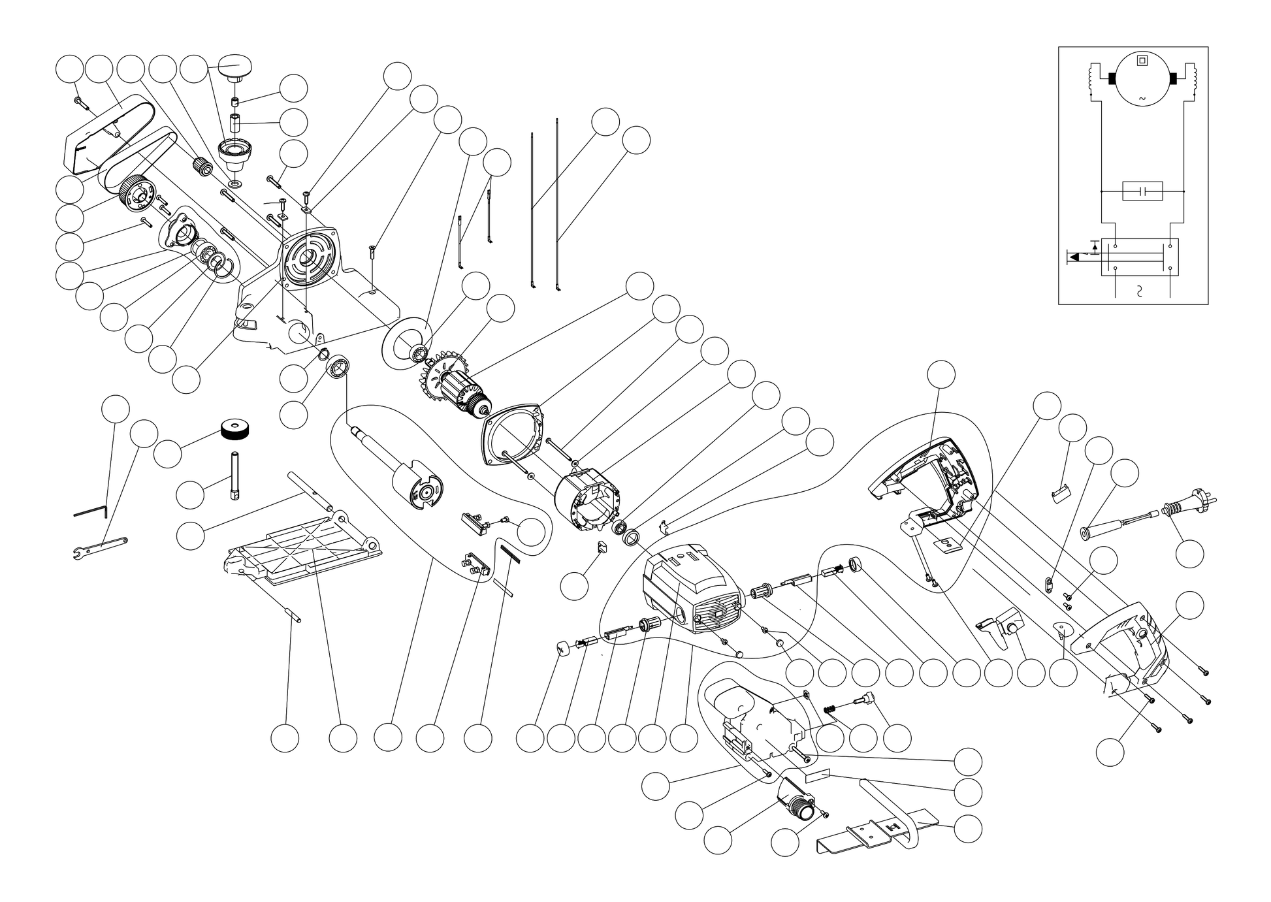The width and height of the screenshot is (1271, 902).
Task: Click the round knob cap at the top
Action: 233,66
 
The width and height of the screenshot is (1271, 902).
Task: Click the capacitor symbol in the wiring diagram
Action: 1142,191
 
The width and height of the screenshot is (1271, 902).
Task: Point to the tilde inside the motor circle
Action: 1142,99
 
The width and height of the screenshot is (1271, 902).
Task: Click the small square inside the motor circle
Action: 1142,61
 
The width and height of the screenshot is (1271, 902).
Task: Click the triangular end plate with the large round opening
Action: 513,434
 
